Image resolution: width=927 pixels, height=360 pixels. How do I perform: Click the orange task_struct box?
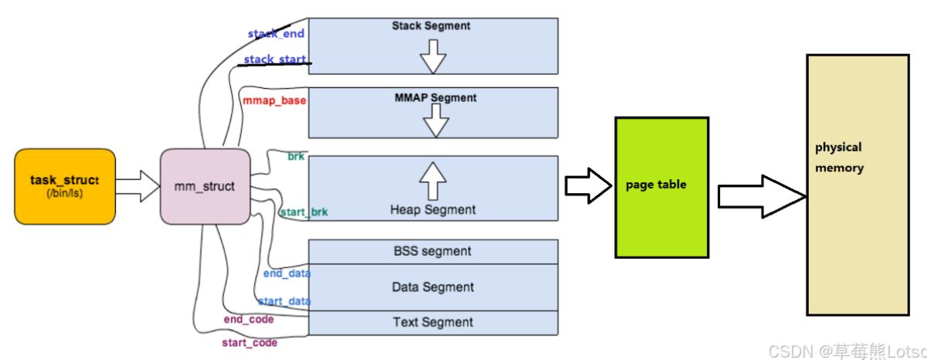tap(65, 187)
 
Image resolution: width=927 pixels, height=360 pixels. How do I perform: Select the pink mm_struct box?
tap(205, 186)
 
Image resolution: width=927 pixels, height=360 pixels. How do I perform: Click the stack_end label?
tap(276, 34)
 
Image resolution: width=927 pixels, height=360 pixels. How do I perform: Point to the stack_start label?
tap(276, 59)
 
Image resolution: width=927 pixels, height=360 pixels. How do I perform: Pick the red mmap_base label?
tap(274, 100)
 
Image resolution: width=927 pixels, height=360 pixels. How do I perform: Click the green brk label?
tap(296, 156)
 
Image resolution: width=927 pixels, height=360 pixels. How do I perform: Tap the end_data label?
tap(286, 273)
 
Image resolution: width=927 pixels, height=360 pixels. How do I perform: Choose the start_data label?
tap(284, 301)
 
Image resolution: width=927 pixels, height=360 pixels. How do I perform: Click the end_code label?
tap(249, 318)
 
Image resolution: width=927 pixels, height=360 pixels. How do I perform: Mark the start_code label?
tap(250, 341)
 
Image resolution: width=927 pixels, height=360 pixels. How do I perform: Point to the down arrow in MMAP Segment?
tap(436, 120)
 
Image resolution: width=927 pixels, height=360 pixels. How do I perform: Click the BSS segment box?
tap(433, 251)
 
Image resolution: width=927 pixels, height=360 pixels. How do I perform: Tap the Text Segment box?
tap(433, 322)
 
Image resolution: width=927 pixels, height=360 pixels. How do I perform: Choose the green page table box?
tap(661, 186)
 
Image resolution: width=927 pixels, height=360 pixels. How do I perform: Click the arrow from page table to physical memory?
tap(761, 193)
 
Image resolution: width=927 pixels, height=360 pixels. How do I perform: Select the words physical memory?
tap(839, 157)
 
